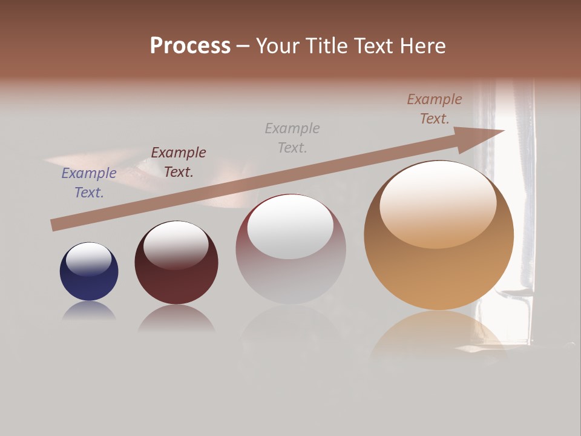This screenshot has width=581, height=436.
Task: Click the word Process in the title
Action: point(190,46)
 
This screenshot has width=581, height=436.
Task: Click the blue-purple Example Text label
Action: point(89,183)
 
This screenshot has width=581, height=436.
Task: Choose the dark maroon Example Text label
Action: point(179,162)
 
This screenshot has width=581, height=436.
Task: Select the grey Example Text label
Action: point(292,137)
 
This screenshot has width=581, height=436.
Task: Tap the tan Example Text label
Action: point(435,109)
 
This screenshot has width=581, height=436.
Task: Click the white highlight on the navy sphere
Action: point(89,259)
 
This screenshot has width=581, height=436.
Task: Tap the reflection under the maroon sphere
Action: point(176,318)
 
